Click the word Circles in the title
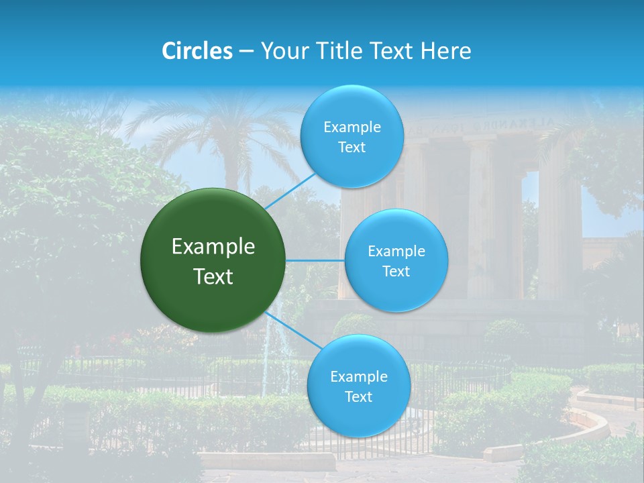pyautogui.click(x=197, y=51)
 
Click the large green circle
pyautogui.click(x=213, y=260)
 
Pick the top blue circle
pyautogui.click(x=352, y=137)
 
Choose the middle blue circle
pyautogui.click(x=396, y=260)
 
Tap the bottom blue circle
pyautogui.click(x=358, y=386)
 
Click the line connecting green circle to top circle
pyautogui.click(x=290, y=191)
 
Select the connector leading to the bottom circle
pyautogui.click(x=292, y=330)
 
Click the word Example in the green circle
pyautogui.click(x=213, y=247)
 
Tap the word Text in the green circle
pyautogui.click(x=213, y=276)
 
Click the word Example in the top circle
pyautogui.click(x=352, y=127)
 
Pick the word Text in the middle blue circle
pyautogui.click(x=396, y=271)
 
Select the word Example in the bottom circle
pyautogui.click(x=358, y=377)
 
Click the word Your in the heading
pyautogui.click(x=282, y=51)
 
